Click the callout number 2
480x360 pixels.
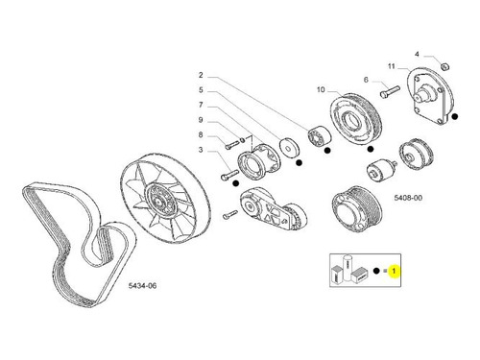(x=201, y=75)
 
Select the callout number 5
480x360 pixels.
(x=201, y=90)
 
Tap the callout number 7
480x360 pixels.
(x=201, y=105)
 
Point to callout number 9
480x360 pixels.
(x=201, y=120)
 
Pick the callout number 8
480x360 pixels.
(x=201, y=134)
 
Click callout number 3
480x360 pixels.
(x=201, y=150)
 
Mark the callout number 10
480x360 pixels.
(x=321, y=90)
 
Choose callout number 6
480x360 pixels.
(x=366, y=80)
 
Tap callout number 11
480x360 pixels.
(x=392, y=66)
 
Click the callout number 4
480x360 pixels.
(x=417, y=55)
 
